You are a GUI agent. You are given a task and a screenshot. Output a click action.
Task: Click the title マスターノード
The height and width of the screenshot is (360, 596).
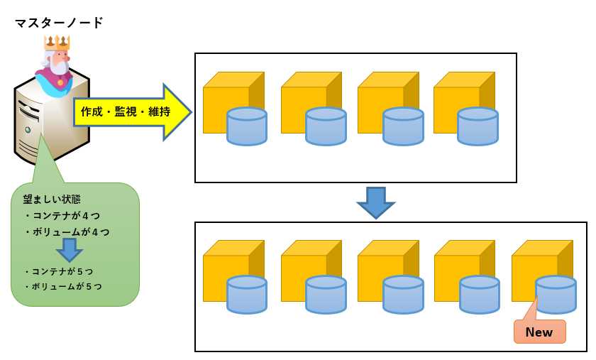coord(59,23)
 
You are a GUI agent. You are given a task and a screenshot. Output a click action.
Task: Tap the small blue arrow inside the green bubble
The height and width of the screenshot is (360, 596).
coord(69,249)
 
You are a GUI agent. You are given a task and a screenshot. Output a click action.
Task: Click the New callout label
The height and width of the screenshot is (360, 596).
coord(539,332)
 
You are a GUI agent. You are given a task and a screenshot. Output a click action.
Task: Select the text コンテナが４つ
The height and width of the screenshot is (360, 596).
coord(61,214)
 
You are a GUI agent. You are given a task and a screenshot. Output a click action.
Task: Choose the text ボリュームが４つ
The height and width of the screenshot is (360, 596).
coord(66,231)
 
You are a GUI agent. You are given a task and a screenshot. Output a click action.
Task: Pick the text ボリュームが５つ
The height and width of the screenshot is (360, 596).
coord(62,286)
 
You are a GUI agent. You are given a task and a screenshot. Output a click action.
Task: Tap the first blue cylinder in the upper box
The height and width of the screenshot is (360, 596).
coord(246,126)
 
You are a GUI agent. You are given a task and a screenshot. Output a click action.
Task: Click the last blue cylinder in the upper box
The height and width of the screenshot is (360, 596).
coord(478,126)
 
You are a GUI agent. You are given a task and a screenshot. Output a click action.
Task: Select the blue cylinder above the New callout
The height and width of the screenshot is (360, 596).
coord(556,294)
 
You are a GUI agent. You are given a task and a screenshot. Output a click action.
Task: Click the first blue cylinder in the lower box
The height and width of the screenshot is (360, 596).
coord(246,295)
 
